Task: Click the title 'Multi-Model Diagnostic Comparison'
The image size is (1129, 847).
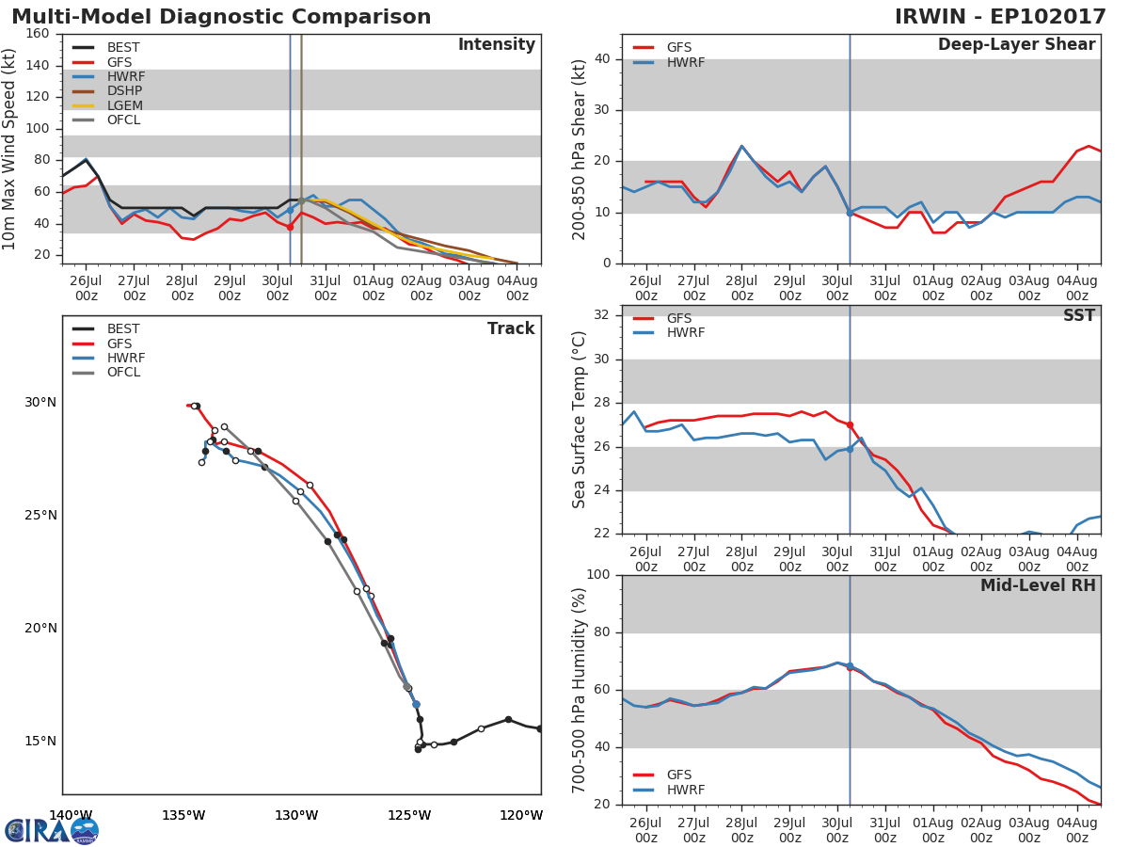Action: point(221,17)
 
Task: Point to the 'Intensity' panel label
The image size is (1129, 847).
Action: point(496,45)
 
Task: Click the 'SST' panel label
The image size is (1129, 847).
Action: point(1078,316)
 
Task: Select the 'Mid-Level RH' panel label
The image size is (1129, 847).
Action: point(1038,586)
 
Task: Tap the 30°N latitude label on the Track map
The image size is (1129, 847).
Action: point(40,403)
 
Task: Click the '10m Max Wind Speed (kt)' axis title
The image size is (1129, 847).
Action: point(10,150)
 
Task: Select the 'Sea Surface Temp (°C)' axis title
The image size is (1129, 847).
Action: point(580,420)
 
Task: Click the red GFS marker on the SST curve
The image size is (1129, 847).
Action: point(850,425)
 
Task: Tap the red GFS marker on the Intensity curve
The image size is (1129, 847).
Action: point(290,227)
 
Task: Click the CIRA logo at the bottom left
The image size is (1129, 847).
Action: point(52,830)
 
